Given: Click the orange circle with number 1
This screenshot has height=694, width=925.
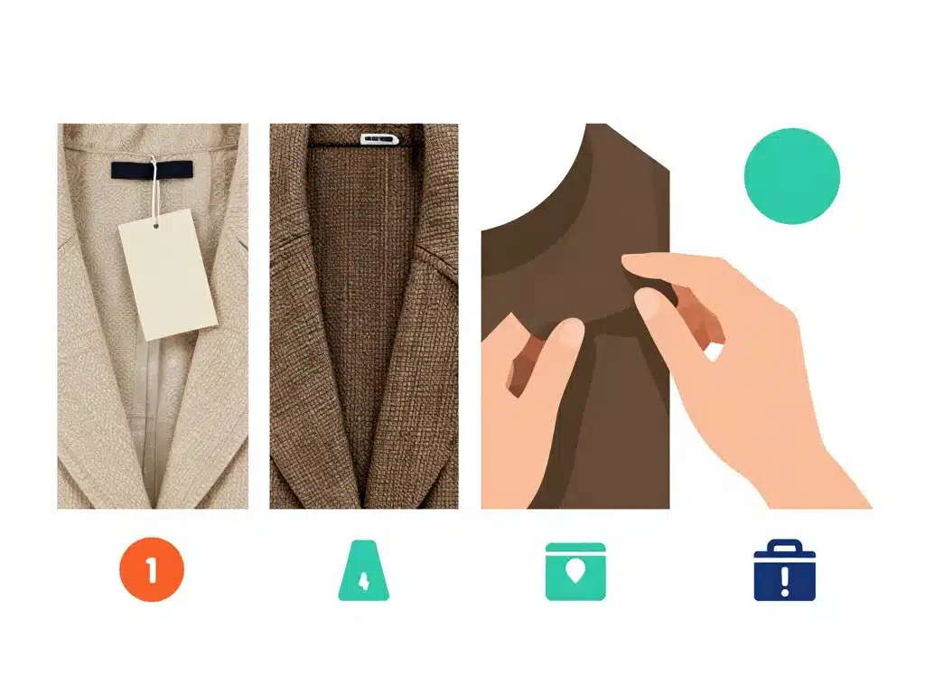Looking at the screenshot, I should (151, 569).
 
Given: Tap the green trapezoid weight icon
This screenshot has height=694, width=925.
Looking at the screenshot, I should (364, 570).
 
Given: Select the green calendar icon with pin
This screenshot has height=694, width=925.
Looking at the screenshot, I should (575, 571).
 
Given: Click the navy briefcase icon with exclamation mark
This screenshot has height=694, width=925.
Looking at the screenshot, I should (784, 571).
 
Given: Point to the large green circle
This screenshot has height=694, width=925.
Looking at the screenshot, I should (791, 175).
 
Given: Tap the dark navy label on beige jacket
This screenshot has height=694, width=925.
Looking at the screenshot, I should (152, 169).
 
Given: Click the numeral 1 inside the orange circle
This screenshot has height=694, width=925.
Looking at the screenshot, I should (152, 569).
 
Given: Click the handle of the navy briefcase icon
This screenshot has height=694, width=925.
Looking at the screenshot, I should (784, 545).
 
